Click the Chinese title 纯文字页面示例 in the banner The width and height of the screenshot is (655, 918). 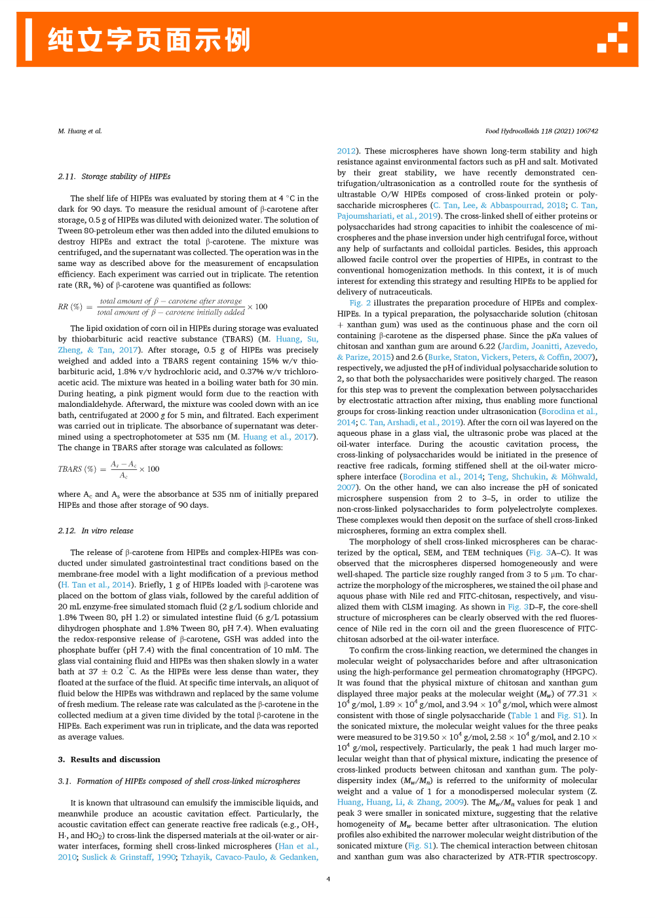coord(149,40)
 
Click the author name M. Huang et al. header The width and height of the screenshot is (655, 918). coord(80,131)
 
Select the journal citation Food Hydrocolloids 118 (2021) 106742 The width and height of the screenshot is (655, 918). coord(541,131)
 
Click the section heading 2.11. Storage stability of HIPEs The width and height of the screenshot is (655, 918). coord(114,176)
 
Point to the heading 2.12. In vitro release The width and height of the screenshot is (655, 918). coord(96,531)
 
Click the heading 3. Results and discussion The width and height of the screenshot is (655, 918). coord(109,759)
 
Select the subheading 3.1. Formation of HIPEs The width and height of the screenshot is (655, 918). coord(179,781)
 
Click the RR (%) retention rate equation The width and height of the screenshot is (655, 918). coord(162,307)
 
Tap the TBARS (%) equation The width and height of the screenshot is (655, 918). coord(109,469)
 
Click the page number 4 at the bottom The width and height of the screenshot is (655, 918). coord(328,879)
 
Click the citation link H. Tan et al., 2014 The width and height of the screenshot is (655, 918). coord(96,584)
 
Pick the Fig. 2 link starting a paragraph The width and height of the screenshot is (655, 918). coord(360,303)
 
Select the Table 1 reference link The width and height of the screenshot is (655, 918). coord(524,716)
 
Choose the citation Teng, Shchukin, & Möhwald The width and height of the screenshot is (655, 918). coord(542,476)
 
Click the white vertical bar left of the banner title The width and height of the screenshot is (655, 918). coord(29,39)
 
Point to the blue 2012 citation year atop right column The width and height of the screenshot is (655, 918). coord(346,151)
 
